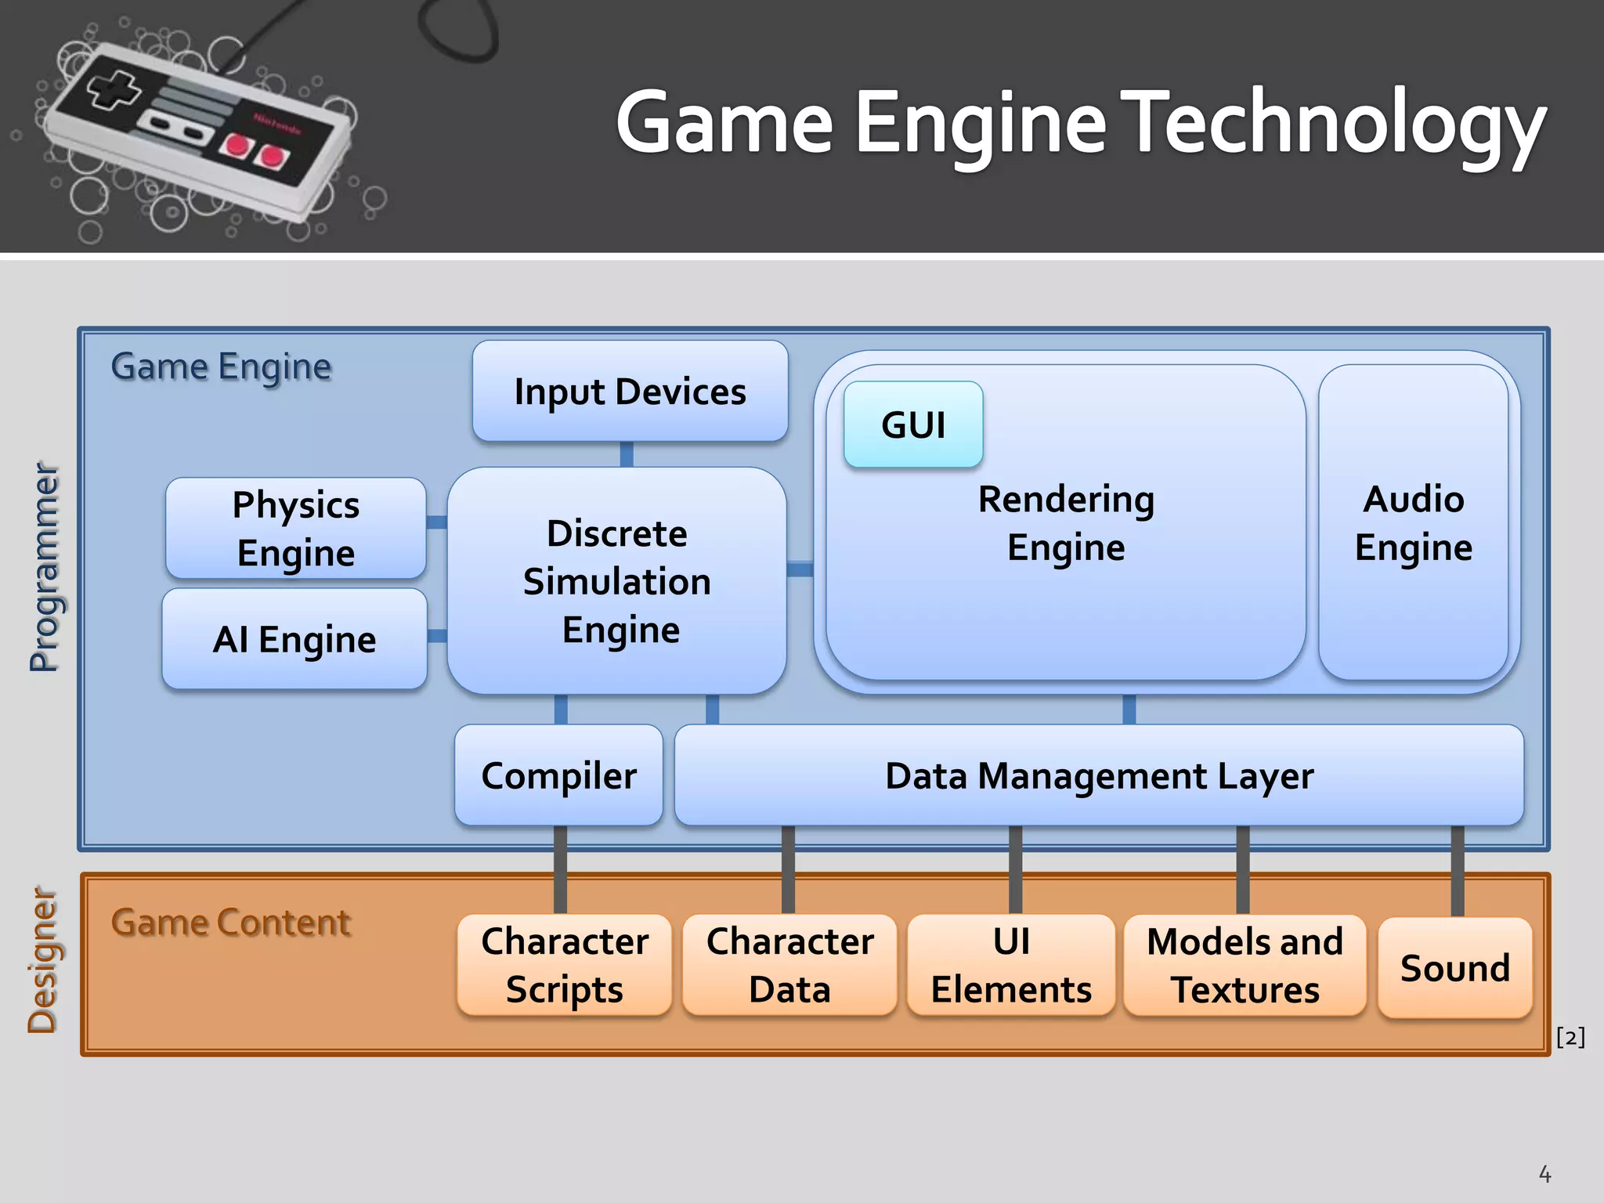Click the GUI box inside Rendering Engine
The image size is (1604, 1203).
tap(913, 425)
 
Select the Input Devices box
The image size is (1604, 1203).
tap(630, 391)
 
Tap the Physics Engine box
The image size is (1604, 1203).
tap(296, 529)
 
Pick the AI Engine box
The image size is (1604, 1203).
tap(294, 639)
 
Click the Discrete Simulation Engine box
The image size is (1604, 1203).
tap(617, 581)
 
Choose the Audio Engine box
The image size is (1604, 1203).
tap(1413, 522)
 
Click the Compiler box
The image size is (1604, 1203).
tap(558, 775)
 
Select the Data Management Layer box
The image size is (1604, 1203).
tap(1099, 775)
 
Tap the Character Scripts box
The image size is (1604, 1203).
tap(564, 965)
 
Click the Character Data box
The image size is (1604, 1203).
tap(789, 965)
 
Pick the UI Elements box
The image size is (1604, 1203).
tap(1011, 965)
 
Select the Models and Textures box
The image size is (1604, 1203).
tap(1245, 965)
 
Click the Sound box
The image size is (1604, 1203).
tap(1454, 968)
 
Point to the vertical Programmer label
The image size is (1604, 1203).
tap(44, 567)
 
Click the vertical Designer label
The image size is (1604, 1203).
tap(42, 960)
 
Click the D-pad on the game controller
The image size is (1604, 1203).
tap(114, 89)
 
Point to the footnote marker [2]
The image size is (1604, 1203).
tap(1570, 1037)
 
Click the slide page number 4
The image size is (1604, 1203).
tap(1544, 1174)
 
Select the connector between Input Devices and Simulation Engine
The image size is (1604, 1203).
tap(627, 454)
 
